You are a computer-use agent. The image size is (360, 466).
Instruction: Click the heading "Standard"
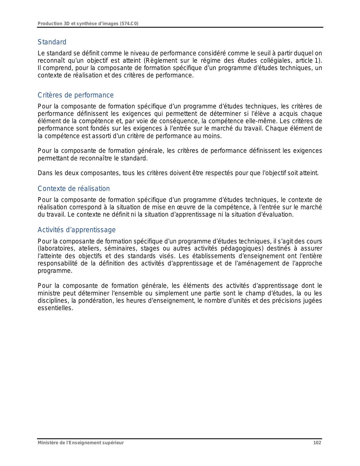point(52,42)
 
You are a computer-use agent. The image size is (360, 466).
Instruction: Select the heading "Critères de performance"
point(76,95)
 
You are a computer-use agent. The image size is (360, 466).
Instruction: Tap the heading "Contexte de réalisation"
point(74,189)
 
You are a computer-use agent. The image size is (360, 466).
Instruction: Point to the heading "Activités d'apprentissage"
point(77,230)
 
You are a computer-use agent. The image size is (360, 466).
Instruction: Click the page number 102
point(317,443)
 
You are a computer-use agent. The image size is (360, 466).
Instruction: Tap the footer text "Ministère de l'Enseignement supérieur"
point(81,443)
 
